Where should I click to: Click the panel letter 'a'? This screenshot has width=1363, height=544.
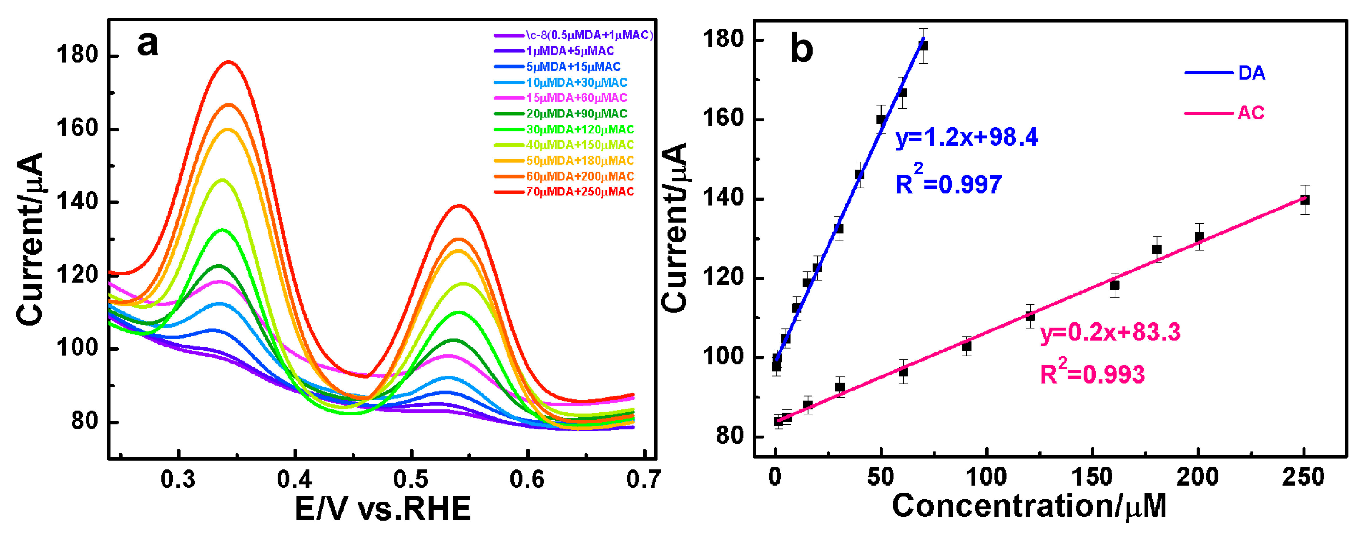click(x=147, y=43)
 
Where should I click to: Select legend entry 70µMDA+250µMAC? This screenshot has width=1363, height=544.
click(x=580, y=192)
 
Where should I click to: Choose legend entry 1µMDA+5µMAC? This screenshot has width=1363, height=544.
click(x=570, y=51)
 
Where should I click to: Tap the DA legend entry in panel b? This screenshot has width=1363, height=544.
click(x=1251, y=73)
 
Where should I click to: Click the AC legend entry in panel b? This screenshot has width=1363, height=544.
click(x=1250, y=113)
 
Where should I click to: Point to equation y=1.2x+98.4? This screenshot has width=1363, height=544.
click(x=966, y=138)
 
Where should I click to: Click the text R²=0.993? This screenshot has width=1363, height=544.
click(x=1092, y=374)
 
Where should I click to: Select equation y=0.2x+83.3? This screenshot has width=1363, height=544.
click(x=1110, y=332)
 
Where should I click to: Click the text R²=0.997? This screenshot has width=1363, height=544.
click(x=948, y=183)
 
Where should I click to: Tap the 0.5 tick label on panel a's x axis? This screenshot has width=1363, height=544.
click(x=411, y=479)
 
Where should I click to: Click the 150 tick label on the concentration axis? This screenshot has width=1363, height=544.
click(x=1092, y=477)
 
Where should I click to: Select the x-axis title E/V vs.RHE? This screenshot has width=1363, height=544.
click(x=382, y=509)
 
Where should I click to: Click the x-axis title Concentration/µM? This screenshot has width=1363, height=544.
click(x=1029, y=506)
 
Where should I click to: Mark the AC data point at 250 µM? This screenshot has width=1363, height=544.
click(x=1305, y=200)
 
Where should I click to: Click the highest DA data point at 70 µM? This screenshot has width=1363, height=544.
click(x=923, y=46)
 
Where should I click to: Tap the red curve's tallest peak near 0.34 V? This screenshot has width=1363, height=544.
click(x=229, y=62)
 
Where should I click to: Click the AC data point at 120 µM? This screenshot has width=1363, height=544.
click(x=1030, y=316)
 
